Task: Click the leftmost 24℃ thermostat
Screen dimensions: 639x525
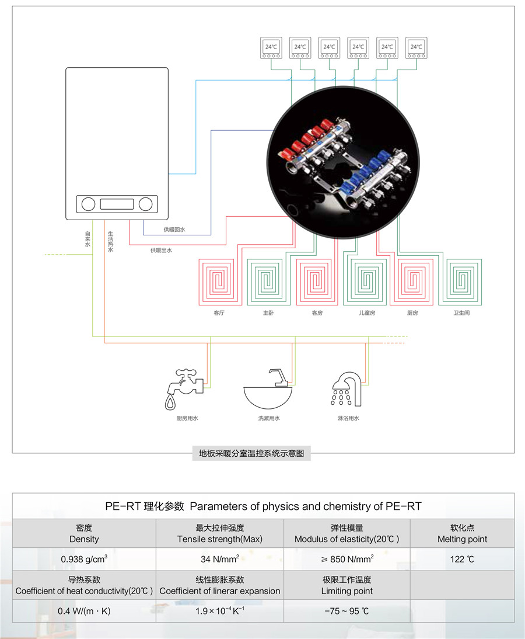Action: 271,48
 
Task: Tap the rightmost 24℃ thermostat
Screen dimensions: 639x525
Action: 416,48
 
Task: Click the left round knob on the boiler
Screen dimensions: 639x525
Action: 88,204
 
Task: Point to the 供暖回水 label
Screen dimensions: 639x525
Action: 174,230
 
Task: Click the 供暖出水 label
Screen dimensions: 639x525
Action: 161,250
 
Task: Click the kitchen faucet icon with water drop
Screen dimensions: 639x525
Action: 183,387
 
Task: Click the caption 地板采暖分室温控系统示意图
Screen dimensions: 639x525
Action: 252,453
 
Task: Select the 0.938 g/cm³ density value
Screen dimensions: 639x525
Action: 84,559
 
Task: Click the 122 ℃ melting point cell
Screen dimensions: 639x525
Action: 462,559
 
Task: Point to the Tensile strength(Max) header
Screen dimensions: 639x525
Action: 220,539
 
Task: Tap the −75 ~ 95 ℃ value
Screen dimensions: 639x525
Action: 347,611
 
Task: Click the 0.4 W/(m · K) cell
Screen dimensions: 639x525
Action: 84,611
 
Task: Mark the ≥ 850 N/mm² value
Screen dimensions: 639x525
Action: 347,559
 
